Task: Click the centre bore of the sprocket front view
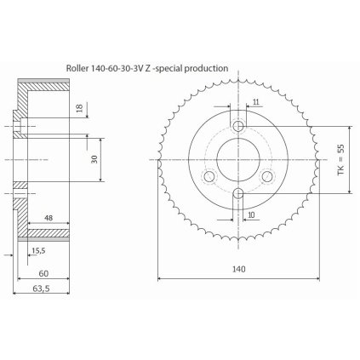pyautogui.click(x=237, y=158)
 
